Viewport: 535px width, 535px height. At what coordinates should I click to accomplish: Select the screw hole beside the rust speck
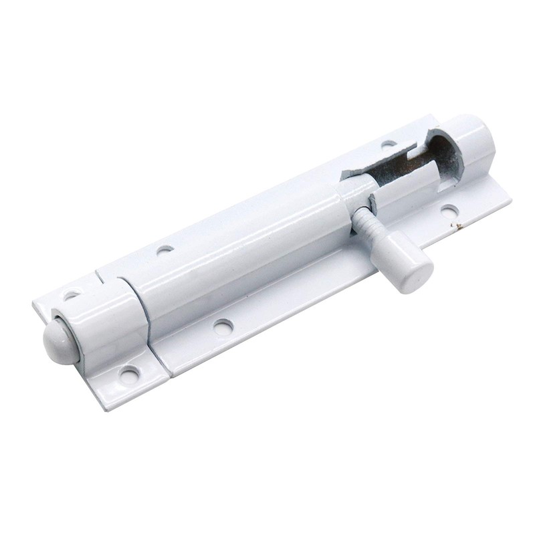(449, 212)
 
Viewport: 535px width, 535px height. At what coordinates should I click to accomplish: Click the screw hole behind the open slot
(389, 143)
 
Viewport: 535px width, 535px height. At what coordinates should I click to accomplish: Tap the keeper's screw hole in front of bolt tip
(130, 374)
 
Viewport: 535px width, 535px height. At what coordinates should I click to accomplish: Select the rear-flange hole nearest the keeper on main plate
(164, 250)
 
